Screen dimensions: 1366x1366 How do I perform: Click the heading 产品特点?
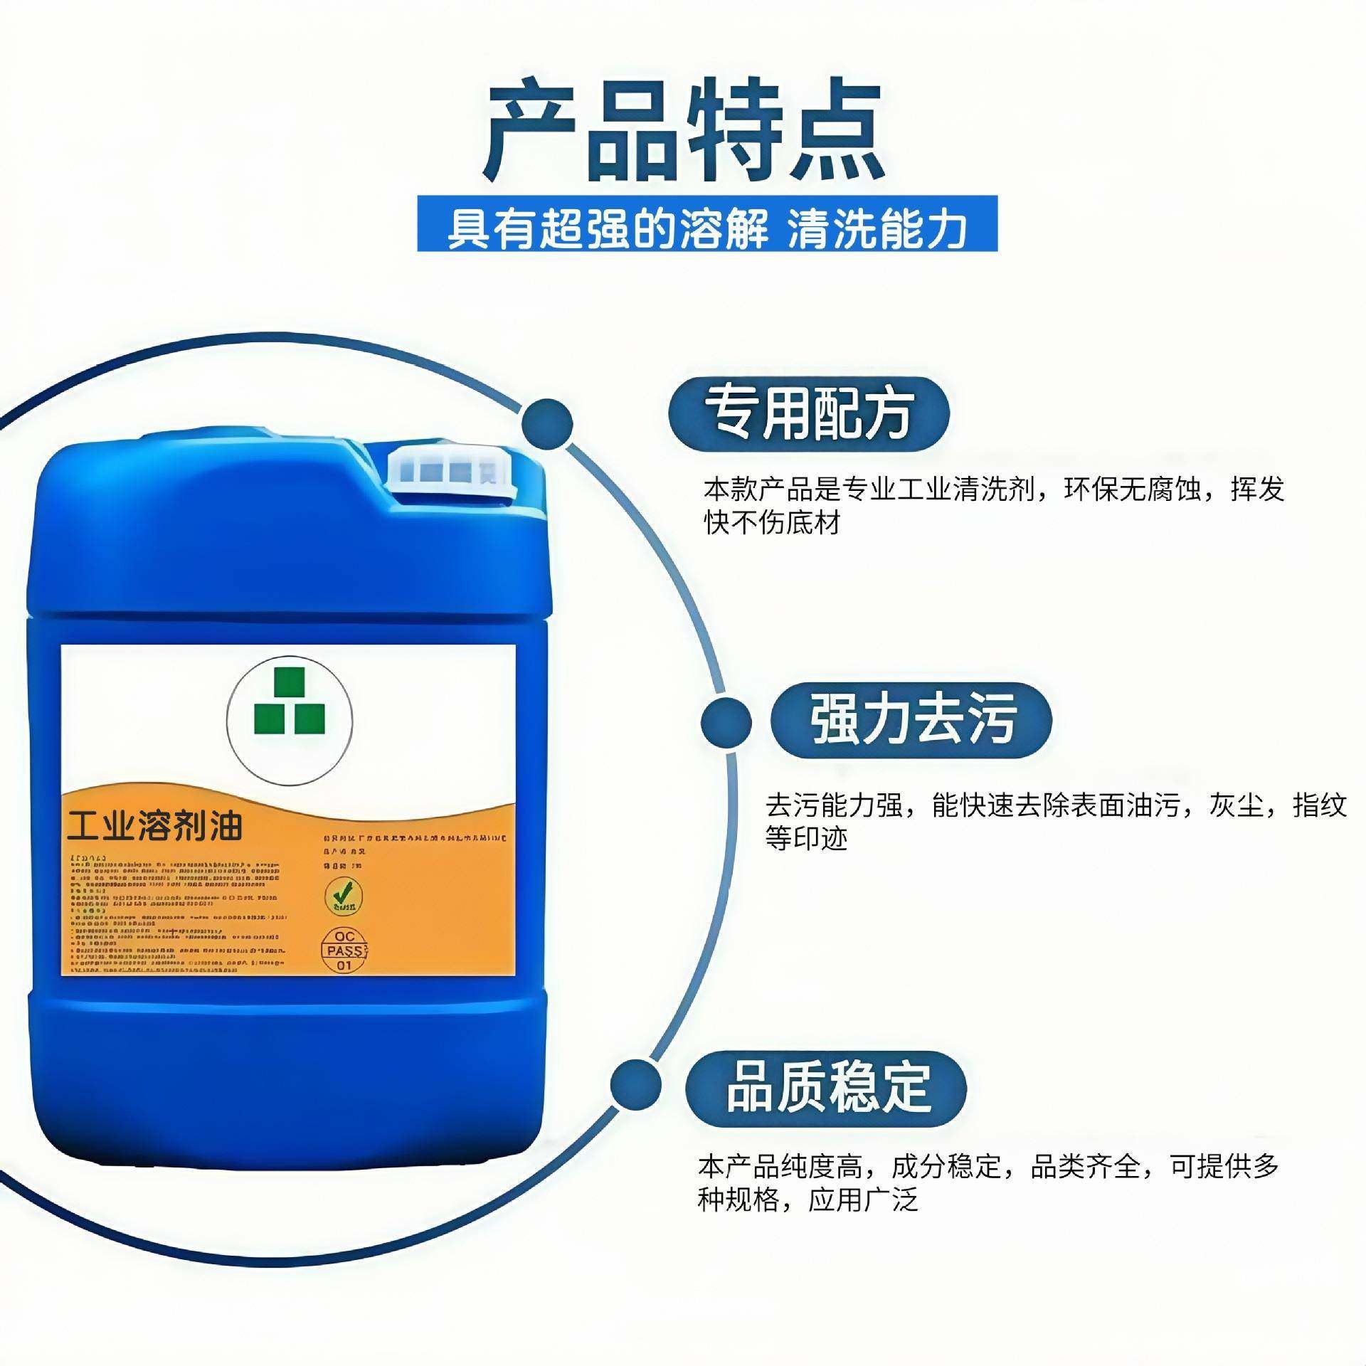(x=683, y=132)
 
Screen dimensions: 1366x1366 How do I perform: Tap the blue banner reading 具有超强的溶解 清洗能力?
(x=706, y=224)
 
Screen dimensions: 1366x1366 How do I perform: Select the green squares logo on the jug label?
(x=290, y=701)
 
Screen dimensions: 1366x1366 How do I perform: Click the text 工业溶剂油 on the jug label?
(x=155, y=827)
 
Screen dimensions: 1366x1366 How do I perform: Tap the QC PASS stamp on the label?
(x=344, y=951)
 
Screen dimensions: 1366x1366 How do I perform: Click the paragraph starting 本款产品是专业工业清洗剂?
(x=993, y=505)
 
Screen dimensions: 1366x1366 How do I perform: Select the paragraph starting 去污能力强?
(x=1055, y=821)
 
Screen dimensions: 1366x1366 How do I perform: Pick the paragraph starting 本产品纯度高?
(x=988, y=1183)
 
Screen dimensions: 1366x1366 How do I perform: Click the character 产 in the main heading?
(x=530, y=132)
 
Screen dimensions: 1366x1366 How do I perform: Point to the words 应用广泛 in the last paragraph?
(x=863, y=1200)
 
